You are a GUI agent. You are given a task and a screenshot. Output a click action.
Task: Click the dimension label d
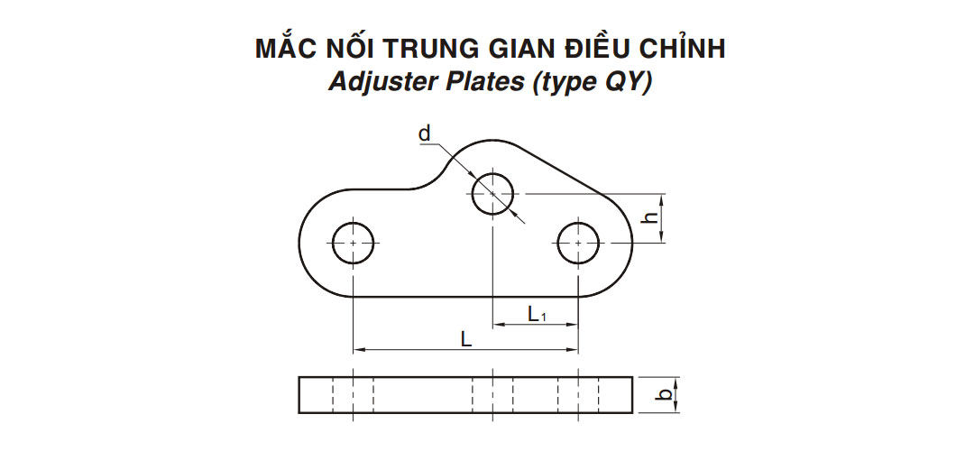(425, 133)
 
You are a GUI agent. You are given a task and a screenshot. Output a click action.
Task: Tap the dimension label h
(652, 217)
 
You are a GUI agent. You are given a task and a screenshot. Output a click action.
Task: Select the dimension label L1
(538, 315)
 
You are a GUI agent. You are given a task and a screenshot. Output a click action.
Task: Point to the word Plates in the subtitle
(483, 82)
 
